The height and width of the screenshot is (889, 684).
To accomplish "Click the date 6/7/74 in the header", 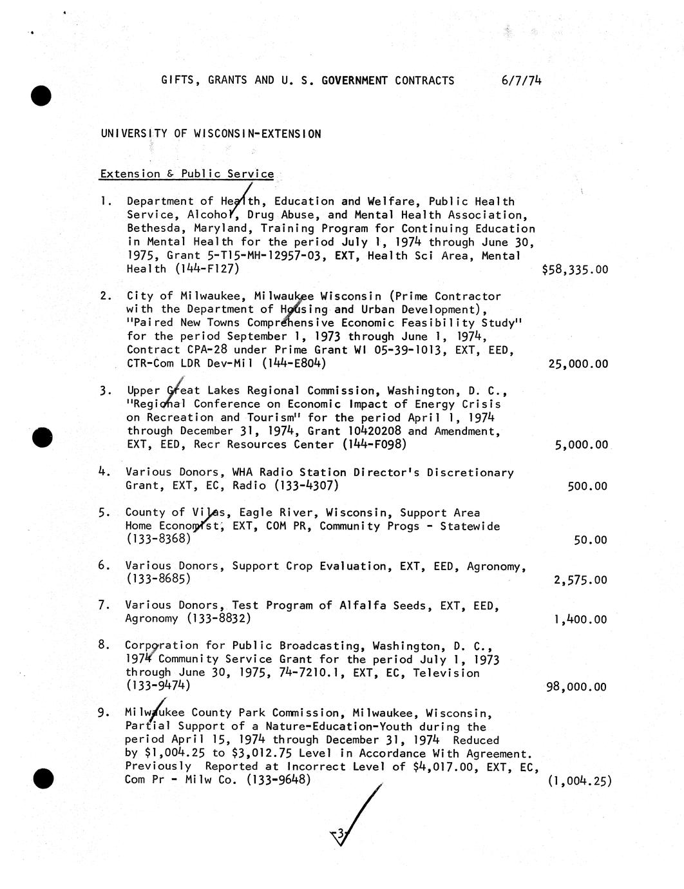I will tap(520, 81).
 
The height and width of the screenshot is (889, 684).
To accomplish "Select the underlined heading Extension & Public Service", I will tap(187, 174).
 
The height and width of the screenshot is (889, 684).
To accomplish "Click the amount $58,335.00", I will tap(575, 269).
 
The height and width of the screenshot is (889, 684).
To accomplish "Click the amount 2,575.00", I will tap(580, 580).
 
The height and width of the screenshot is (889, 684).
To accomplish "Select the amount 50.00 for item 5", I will tap(590, 540).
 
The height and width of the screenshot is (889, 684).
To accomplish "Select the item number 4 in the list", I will tap(102, 472).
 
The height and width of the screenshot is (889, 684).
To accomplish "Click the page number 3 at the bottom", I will tap(340, 834).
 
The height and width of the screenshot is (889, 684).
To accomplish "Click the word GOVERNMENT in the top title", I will tap(354, 81).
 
